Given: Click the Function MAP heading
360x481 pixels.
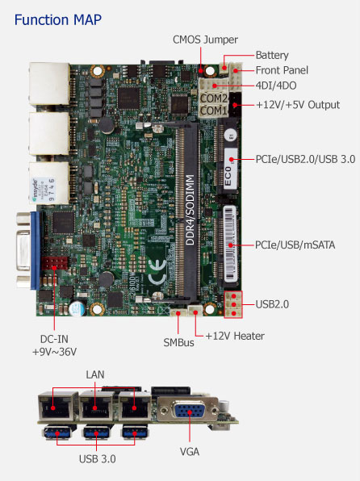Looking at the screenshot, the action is pyautogui.click(x=57, y=20).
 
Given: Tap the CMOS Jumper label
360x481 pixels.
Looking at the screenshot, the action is pyautogui.click(x=205, y=40).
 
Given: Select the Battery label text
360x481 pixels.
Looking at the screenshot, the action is pyautogui.click(x=272, y=55).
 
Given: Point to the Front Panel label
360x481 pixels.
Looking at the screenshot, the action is pyautogui.click(x=282, y=70).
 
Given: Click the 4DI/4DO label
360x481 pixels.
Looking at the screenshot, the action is pyautogui.click(x=276, y=86).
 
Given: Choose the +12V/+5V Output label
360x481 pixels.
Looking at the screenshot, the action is pyautogui.click(x=298, y=105).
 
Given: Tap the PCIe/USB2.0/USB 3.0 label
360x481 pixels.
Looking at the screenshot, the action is pyautogui.click(x=305, y=159).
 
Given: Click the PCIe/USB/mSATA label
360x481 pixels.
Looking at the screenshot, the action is pyautogui.click(x=295, y=245).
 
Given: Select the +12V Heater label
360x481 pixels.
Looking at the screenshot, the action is pyautogui.click(x=235, y=336).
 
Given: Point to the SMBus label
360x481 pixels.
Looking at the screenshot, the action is pyautogui.click(x=178, y=342).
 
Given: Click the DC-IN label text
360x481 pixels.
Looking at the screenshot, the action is pyautogui.click(x=54, y=339).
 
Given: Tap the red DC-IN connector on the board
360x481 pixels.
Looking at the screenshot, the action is pyautogui.click(x=54, y=263).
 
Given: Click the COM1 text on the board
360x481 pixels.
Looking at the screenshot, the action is pyautogui.click(x=213, y=111).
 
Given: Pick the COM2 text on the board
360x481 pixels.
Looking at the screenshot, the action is pyautogui.click(x=214, y=98).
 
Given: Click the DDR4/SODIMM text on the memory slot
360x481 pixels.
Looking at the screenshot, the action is pyautogui.click(x=190, y=210).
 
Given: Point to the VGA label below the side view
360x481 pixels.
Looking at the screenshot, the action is pyautogui.click(x=190, y=452).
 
